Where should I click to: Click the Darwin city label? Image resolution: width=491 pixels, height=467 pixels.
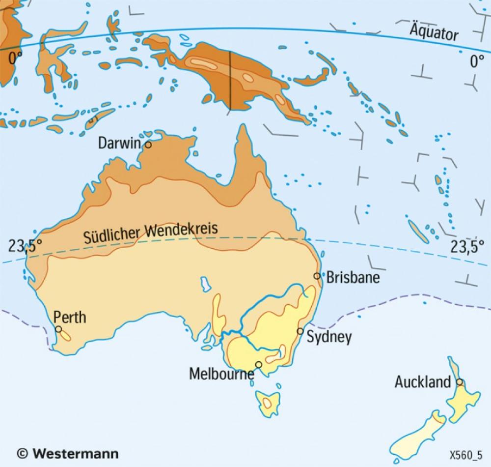pyautogui.click(x=119, y=143)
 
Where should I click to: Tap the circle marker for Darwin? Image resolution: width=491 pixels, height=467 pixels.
pyautogui.click(x=148, y=145)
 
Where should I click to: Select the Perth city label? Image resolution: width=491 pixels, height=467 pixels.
pyautogui.click(x=70, y=317)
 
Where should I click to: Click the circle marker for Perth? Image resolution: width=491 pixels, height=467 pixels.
pyautogui.click(x=58, y=329)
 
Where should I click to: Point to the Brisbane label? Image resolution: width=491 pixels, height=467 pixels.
pyautogui.click(x=353, y=277)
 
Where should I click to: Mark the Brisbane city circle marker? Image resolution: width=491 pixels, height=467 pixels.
pyautogui.click(x=317, y=276)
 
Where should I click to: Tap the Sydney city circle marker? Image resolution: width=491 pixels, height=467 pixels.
pyautogui.click(x=300, y=331)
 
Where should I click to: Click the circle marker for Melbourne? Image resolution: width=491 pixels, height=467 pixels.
pyautogui.click(x=258, y=364)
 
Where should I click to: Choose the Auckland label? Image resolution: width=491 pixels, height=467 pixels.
pyautogui.click(x=423, y=382)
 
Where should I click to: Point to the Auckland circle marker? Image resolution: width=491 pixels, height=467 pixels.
pyautogui.click(x=459, y=381)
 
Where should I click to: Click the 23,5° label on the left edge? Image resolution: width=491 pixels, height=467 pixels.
pyautogui.click(x=22, y=245)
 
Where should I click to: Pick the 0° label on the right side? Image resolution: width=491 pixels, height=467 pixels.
pyautogui.click(x=477, y=61)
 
